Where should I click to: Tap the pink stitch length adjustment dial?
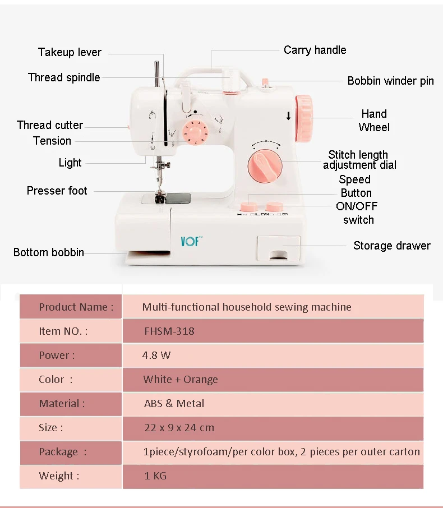point(265,165)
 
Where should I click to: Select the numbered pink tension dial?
point(195,132)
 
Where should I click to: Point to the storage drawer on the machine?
point(278,248)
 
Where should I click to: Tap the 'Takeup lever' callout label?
point(70,52)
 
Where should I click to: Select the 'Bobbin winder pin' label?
point(390,81)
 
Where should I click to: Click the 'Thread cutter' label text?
point(49,125)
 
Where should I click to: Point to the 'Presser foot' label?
point(57,191)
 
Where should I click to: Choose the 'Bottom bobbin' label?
point(49,252)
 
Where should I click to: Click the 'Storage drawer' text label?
point(391,246)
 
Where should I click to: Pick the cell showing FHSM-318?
point(169,331)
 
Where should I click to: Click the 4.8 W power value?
point(157,355)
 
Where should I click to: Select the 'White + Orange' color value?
point(181,379)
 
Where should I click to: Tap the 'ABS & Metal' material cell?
point(174,403)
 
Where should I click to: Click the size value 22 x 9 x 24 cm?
point(179,427)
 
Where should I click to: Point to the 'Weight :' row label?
point(59,475)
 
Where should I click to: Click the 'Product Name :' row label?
point(76,307)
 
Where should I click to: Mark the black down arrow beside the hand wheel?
point(288,117)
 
